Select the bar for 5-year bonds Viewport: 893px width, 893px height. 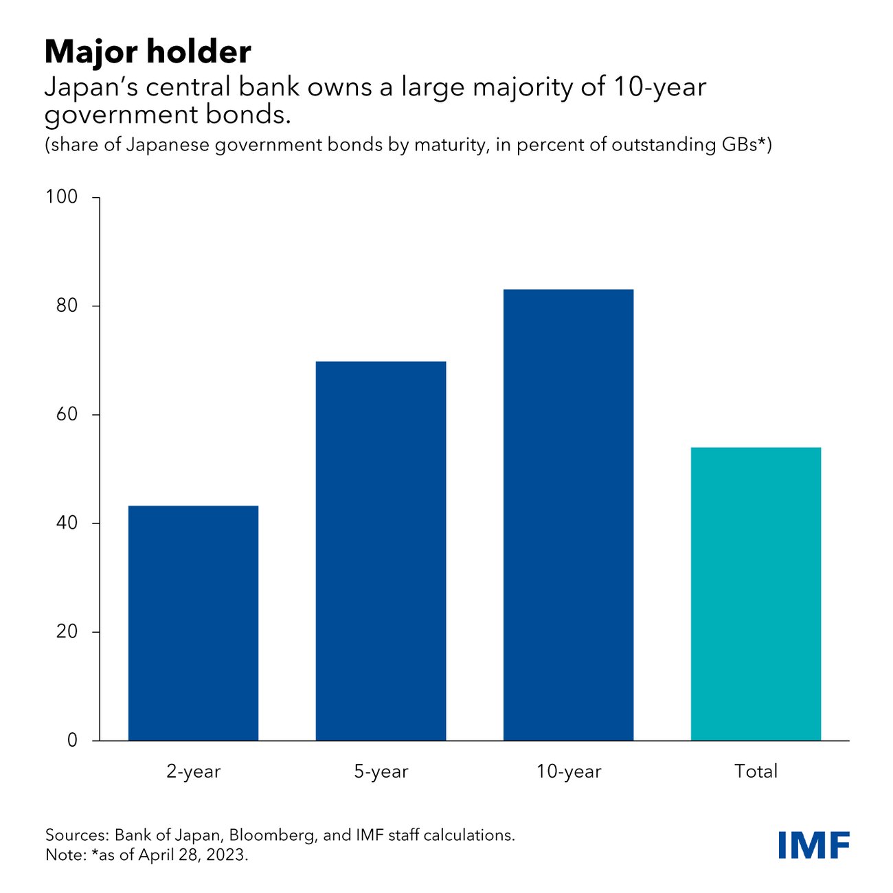pos(381,550)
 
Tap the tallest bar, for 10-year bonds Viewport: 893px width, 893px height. pos(568,515)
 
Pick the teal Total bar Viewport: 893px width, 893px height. pos(756,594)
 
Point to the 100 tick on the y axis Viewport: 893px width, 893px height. pos(62,197)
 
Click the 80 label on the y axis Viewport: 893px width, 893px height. pos(67,306)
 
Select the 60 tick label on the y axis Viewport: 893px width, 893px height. pos(67,414)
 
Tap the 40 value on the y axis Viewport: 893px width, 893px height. pos(67,523)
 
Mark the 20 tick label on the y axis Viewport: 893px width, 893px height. pos(67,631)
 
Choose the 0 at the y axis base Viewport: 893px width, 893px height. pos(72,741)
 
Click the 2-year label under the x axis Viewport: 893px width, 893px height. pos(193,771)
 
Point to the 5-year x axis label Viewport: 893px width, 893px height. pos(381,771)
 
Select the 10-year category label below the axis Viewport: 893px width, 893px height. pos(568,771)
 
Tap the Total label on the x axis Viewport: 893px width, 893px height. pos(756,771)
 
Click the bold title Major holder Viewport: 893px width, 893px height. pos(148,52)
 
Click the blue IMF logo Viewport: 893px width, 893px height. pos(814,845)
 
